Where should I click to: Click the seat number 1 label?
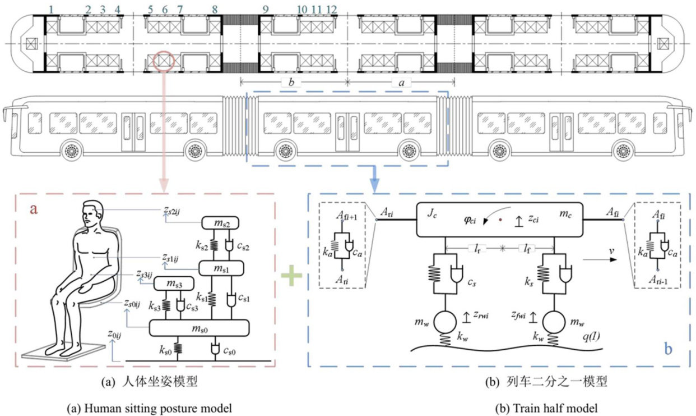[x=51, y=10]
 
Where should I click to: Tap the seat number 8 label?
[x=215, y=10]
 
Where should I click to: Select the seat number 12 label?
[x=332, y=10]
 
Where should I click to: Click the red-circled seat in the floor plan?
[x=164, y=61]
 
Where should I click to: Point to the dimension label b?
[x=291, y=82]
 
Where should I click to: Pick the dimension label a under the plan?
[x=401, y=83]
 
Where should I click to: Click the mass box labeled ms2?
[x=220, y=223]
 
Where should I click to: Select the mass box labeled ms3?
[x=174, y=284]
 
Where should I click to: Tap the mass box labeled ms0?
[x=199, y=328]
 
